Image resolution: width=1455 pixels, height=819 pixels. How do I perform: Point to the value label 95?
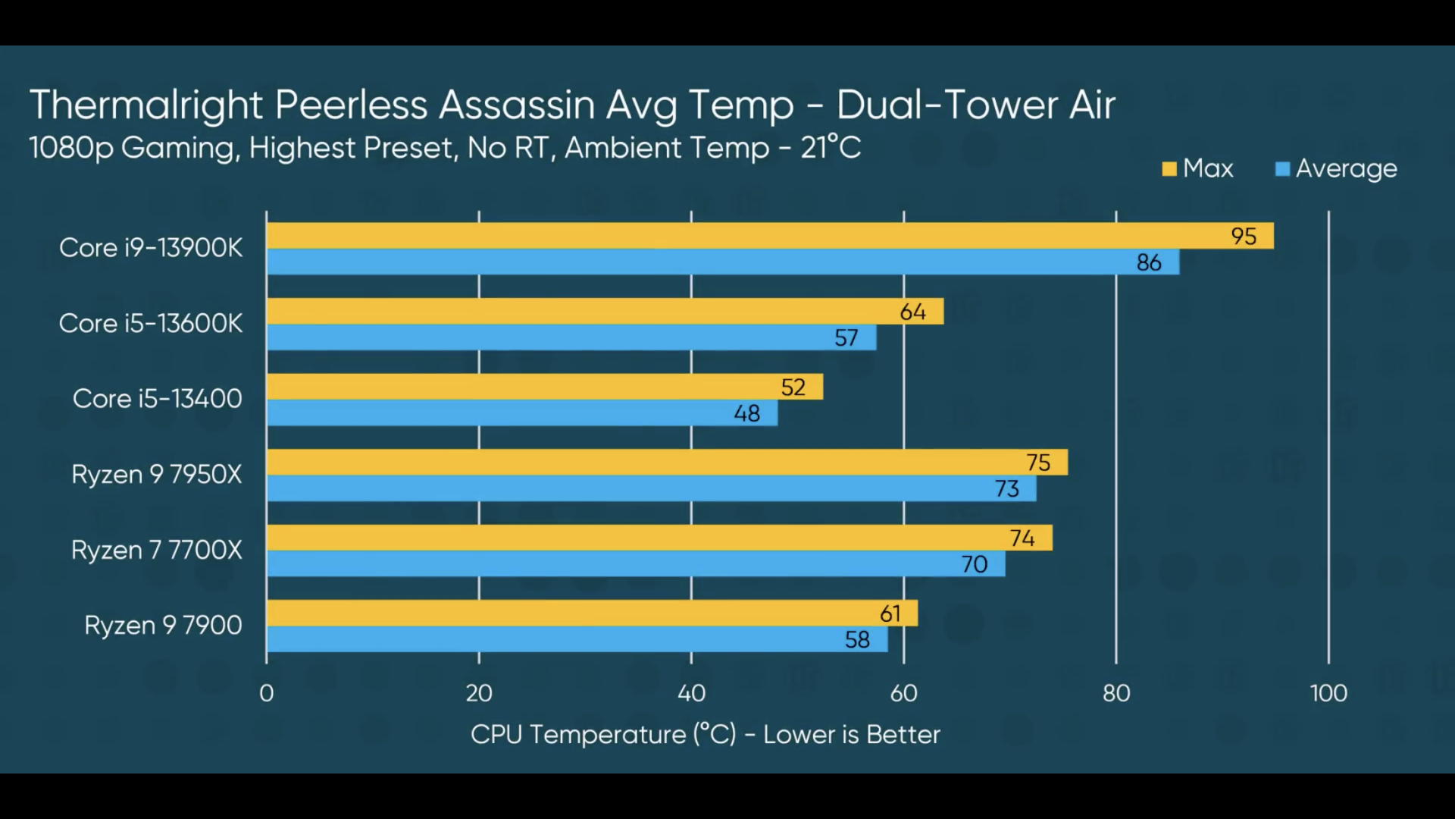[x=1244, y=237]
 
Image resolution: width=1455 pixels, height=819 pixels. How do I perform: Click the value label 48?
[x=746, y=413]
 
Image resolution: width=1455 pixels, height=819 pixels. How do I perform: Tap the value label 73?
[x=1006, y=489]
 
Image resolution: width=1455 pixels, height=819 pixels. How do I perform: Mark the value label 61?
[x=890, y=613]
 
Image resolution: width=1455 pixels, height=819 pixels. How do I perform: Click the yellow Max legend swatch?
[x=1169, y=169]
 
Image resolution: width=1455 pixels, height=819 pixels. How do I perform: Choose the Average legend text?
[x=1346, y=168]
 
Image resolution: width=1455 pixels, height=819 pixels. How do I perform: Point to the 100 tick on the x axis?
[x=1328, y=693]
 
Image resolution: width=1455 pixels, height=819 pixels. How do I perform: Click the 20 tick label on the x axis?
[x=479, y=693]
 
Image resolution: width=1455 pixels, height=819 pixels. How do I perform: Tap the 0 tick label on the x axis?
[x=267, y=693]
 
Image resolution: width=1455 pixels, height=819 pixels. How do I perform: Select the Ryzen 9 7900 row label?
[x=163, y=626]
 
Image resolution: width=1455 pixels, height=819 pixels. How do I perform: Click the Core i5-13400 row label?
[x=157, y=399]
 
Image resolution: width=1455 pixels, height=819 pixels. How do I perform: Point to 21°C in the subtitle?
[x=831, y=147]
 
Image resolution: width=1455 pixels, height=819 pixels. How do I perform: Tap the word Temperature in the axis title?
[x=608, y=734]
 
